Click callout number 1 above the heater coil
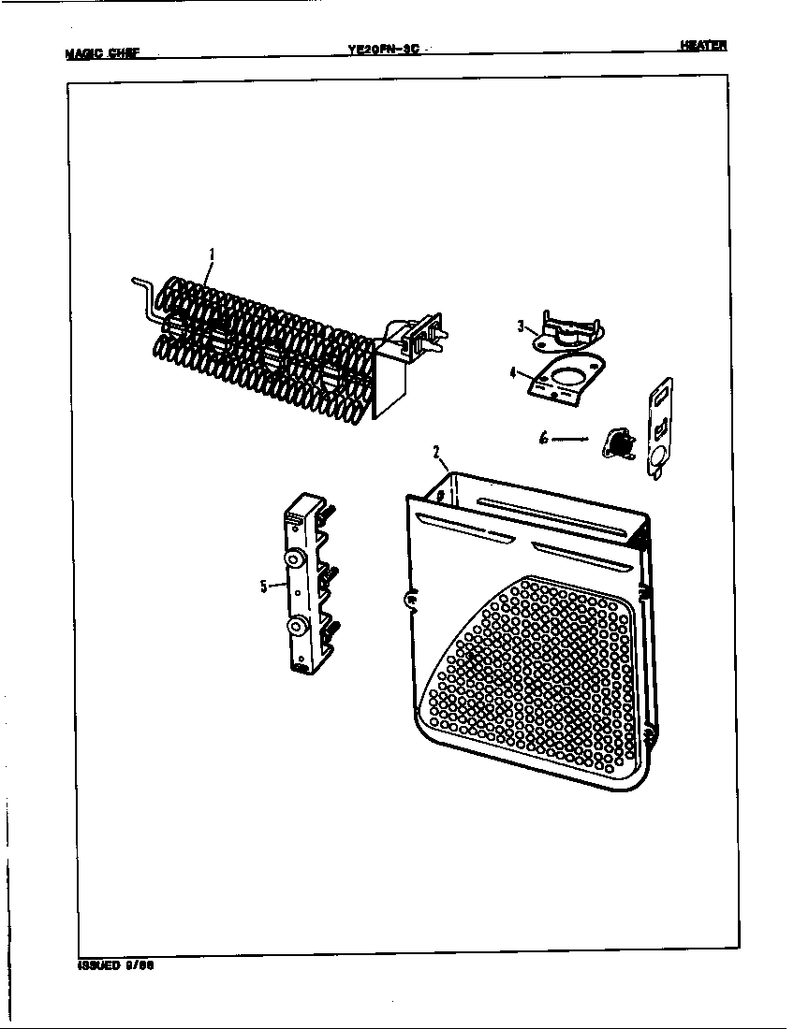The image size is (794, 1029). pos(212,253)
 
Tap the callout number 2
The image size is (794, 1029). pos(436,452)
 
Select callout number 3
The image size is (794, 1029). pos(520,326)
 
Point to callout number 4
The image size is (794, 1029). pos(513,371)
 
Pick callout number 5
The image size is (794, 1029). pos(263,587)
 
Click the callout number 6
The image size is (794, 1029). pos(544,438)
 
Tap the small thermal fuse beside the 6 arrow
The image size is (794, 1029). pos(616,442)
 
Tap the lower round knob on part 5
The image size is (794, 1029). pos(296,626)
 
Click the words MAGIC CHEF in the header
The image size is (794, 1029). pos(102,53)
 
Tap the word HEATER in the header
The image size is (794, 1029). pos(703,46)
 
